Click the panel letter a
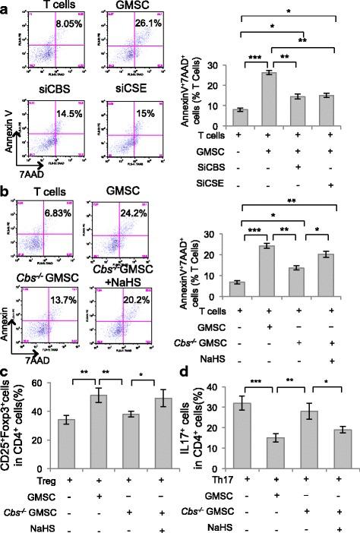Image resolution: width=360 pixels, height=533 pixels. point(6,7)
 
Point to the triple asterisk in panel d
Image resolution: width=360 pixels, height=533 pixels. point(246,387)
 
